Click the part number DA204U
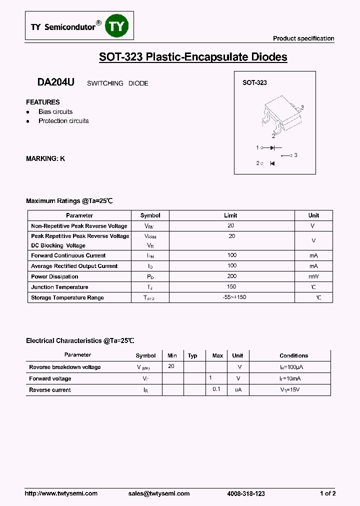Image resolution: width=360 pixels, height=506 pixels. pos(55,82)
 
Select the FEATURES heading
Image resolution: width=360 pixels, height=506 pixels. pos(43,102)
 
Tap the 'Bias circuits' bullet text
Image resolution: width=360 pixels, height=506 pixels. pos(55,111)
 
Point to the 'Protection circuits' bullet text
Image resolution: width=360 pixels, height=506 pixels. pos(63,121)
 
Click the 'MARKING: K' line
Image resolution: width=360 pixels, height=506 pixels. pos(45,158)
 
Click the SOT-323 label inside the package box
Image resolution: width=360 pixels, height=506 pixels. pos(254,82)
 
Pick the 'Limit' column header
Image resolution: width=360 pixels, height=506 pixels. pos(230,215)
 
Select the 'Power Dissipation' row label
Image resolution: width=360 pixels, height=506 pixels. pos(54,276)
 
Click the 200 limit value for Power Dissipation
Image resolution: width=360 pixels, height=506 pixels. pos(232,276)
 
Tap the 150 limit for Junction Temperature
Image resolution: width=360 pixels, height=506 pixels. pos(232,286)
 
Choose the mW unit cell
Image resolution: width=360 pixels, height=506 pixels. pos(313,276)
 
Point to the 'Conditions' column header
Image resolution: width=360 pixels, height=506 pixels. pos(293,355)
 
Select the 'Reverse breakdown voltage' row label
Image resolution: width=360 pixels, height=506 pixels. pos(65,367)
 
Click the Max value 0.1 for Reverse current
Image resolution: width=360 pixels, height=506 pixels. pos(216,389)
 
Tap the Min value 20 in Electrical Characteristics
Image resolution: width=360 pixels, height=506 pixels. pos(171,366)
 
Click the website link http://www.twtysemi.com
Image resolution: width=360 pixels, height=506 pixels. pos(61,493)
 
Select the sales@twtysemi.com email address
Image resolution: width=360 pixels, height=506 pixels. pos(159,493)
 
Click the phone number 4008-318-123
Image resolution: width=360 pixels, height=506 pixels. pos(246,493)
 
